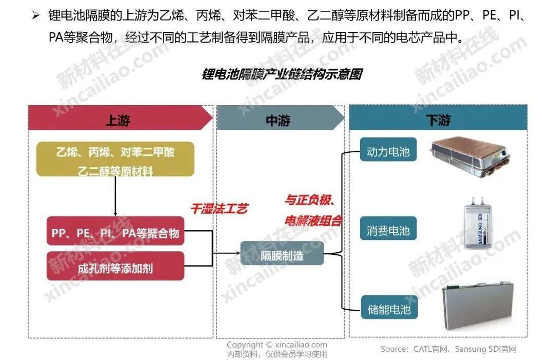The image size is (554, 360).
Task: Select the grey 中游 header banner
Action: click(279, 119)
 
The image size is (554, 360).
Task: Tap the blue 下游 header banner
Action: click(438, 119)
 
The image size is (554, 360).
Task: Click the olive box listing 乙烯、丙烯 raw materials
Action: click(115, 159)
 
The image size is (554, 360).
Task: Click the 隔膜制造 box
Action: click(282, 253)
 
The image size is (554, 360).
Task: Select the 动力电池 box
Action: click(388, 152)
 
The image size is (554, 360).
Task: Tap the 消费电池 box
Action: click(388, 230)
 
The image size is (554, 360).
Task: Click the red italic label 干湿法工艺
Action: click(219, 209)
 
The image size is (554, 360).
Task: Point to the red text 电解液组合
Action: click(313, 221)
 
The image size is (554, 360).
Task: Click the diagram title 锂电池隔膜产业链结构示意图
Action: click(282, 75)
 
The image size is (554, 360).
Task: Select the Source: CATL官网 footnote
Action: click(448, 349)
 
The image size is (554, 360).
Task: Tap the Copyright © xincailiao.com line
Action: click(277, 345)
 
